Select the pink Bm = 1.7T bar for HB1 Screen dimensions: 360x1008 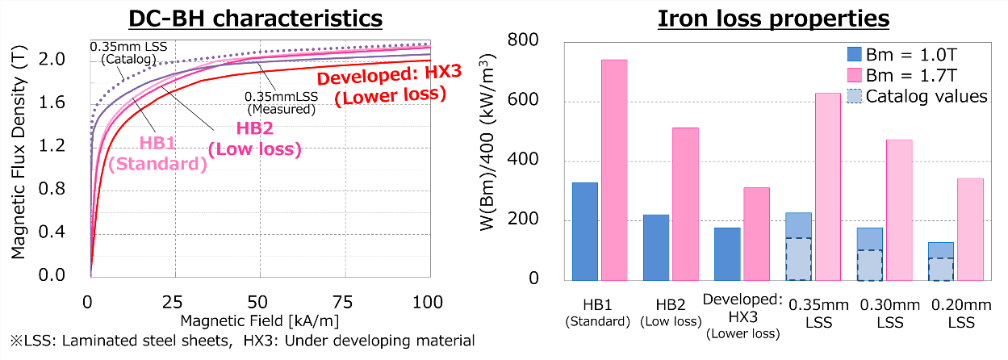point(614,170)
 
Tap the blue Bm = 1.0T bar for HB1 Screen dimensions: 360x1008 point(584,231)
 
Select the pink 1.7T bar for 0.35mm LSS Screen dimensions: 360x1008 point(827,186)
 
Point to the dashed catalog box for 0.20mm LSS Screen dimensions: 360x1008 point(941,269)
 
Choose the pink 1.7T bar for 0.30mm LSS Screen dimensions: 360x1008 point(898,210)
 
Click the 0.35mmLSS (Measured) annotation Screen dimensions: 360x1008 point(281,102)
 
